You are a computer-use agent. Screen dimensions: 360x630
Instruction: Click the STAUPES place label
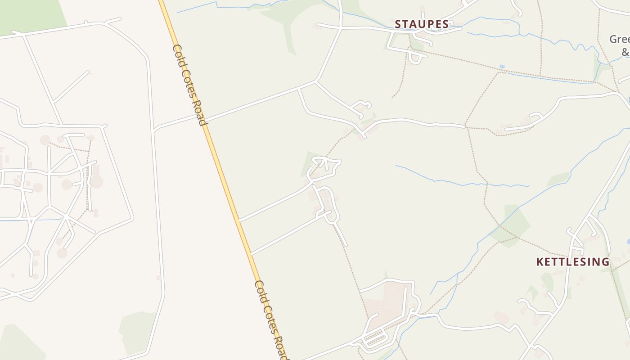(422, 24)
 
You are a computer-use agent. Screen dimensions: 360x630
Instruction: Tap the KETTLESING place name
(573, 262)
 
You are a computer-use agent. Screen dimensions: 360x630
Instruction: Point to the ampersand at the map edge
(625, 52)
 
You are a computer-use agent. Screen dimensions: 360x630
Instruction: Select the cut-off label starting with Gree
(620, 39)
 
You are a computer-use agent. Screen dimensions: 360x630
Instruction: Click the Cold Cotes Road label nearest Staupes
(189, 85)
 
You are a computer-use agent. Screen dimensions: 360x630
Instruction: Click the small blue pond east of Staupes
(502, 67)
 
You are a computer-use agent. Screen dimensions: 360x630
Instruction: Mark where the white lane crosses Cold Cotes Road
(203, 120)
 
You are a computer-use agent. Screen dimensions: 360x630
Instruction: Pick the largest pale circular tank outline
(96, 182)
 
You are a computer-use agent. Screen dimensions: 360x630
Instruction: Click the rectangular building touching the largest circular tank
(95, 170)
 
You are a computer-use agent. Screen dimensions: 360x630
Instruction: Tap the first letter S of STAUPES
(398, 24)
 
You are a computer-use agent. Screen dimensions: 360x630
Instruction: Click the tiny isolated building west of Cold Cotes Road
(158, 278)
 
